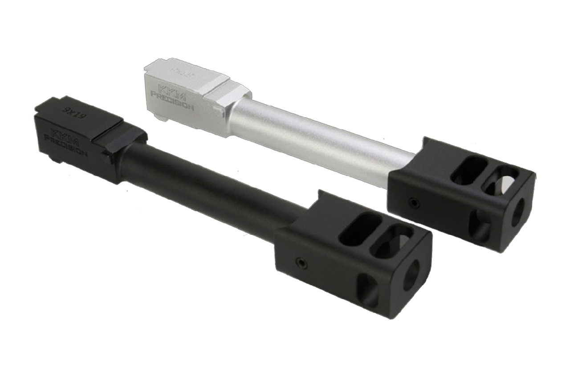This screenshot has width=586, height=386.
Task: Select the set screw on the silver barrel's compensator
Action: (414, 203)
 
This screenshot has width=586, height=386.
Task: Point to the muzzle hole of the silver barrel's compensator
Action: (518, 213)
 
